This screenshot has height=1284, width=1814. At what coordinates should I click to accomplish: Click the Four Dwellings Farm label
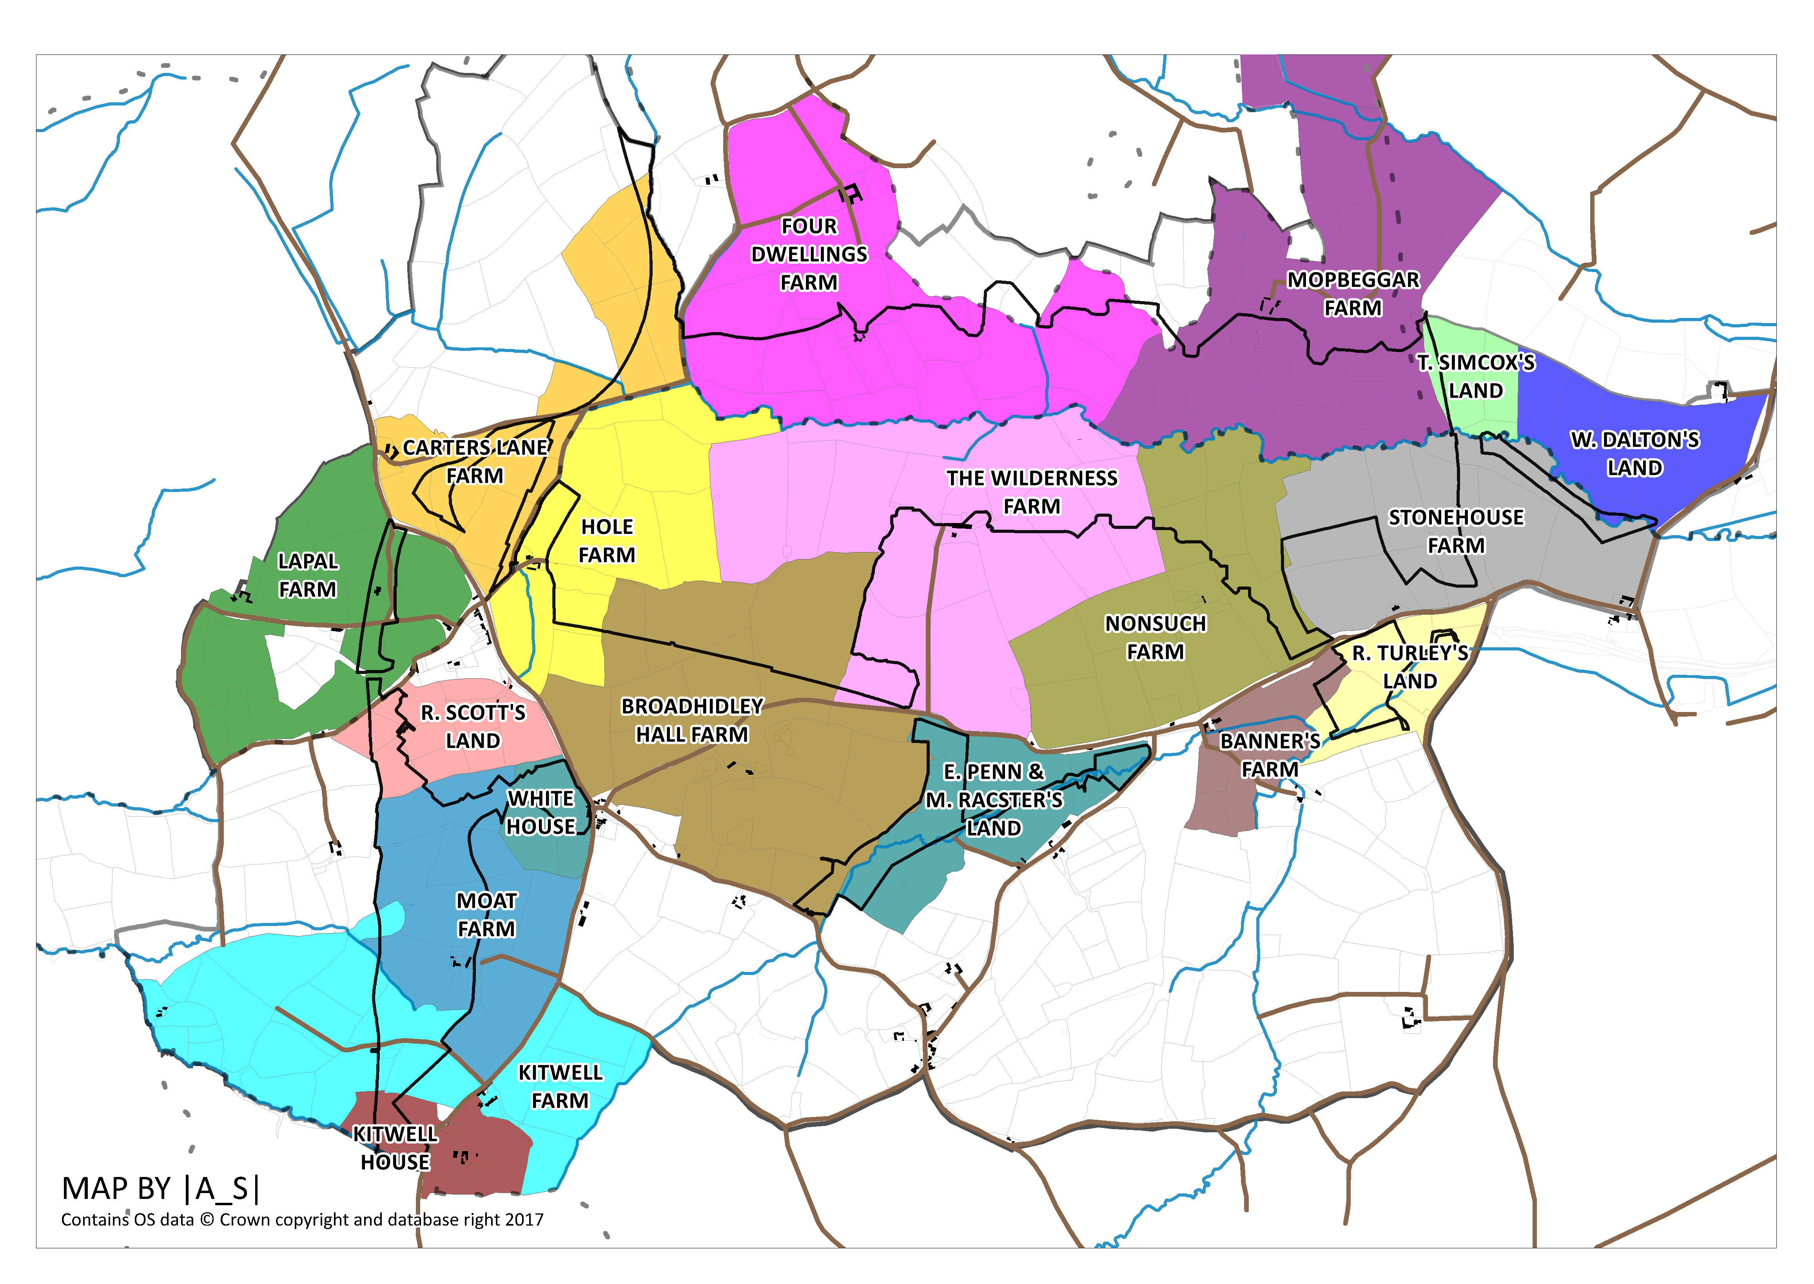(x=809, y=254)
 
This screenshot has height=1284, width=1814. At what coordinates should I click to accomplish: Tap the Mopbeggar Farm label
(x=1353, y=294)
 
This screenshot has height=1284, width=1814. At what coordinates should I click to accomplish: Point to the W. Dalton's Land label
(x=1634, y=454)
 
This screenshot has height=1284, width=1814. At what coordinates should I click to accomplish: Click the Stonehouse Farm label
(x=1456, y=531)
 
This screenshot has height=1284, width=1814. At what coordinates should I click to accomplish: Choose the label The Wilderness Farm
(x=1032, y=492)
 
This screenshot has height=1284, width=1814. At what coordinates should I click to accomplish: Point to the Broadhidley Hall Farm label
(x=693, y=720)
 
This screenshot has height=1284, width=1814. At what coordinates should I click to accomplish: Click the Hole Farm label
(x=607, y=541)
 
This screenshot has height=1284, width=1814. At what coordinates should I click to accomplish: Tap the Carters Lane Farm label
(x=475, y=462)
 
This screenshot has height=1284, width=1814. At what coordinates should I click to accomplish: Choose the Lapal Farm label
(x=307, y=575)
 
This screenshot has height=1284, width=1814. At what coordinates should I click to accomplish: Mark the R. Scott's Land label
(x=473, y=726)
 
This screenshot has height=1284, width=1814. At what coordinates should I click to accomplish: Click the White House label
(x=541, y=813)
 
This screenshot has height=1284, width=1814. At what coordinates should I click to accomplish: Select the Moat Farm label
(x=486, y=915)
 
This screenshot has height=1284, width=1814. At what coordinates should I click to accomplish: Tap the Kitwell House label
(x=395, y=1148)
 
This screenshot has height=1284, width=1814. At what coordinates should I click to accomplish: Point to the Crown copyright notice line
(x=302, y=1220)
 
